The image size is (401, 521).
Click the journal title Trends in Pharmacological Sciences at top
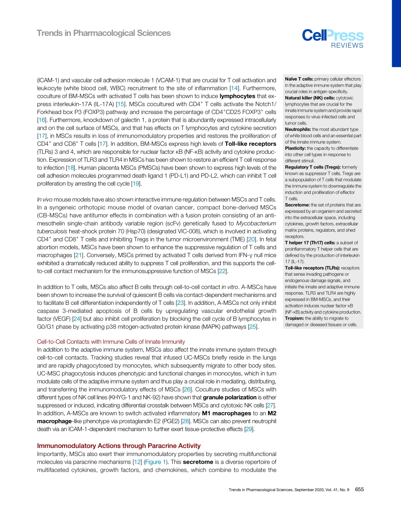tap(104, 33)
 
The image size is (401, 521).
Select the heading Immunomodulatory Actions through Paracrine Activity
tap(119, 446)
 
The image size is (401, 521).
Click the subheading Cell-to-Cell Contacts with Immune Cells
tap(111, 342)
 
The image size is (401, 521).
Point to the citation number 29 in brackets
tap(249, 429)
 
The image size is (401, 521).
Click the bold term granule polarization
tap(230, 397)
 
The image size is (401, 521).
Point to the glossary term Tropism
tap(295, 318)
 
